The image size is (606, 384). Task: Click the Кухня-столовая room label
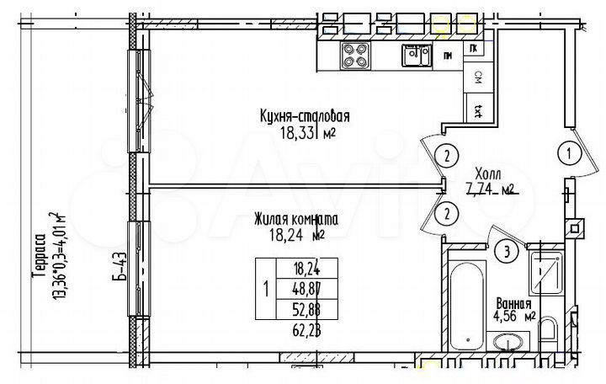point(305,117)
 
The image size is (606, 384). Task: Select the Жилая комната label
point(295,219)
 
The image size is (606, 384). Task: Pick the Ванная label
point(513,303)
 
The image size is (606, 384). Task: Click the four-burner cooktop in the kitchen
point(355,55)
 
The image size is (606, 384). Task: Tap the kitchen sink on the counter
point(413,55)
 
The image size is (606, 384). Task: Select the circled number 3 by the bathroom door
point(506,250)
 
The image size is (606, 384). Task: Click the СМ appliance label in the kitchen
point(477,78)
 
